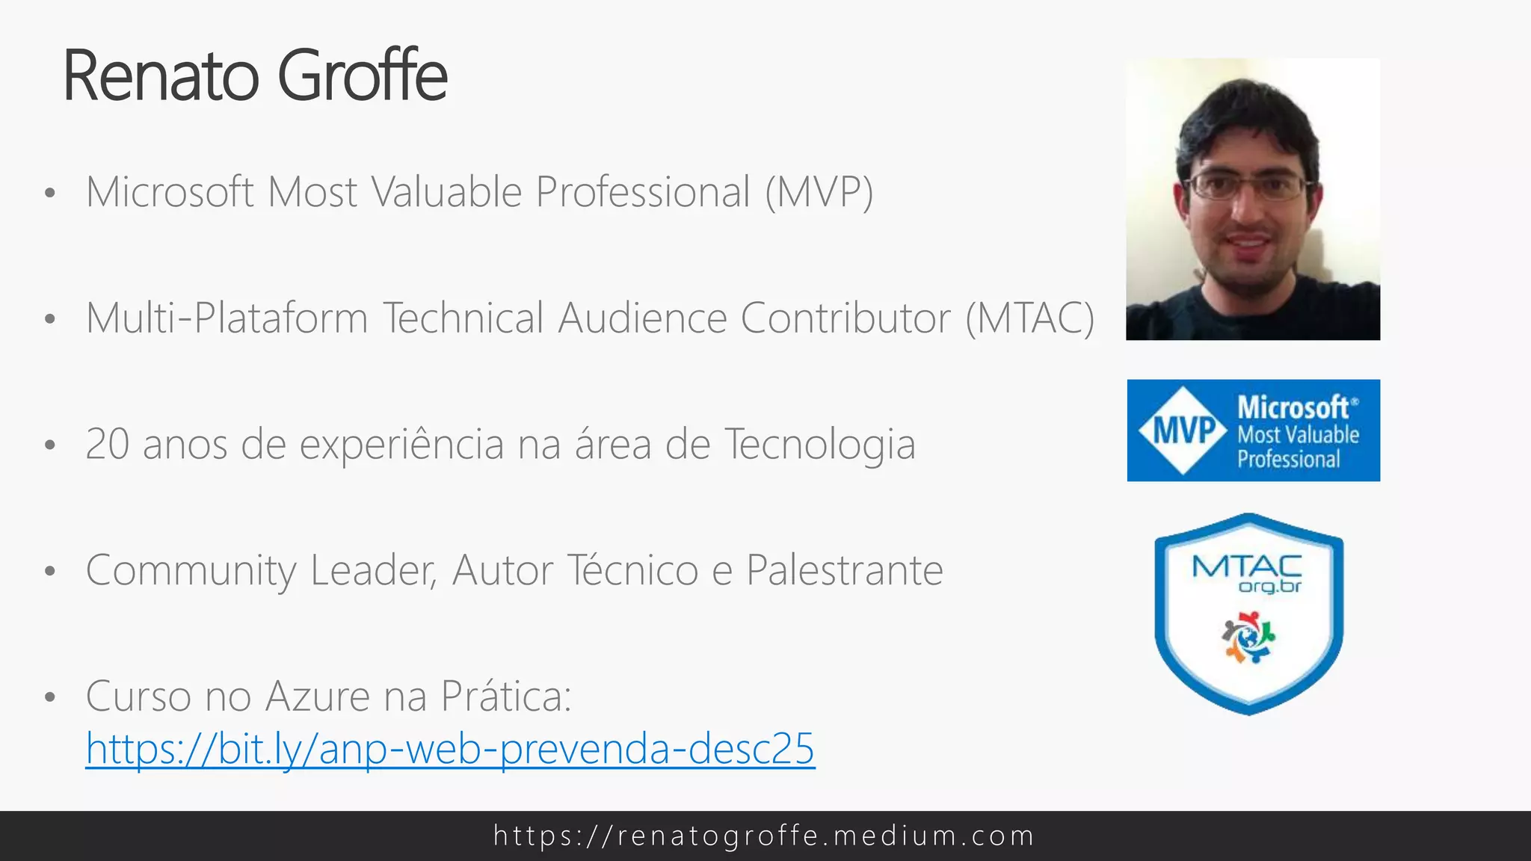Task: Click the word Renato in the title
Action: [x=161, y=76]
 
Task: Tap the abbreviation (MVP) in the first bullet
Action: [x=819, y=193]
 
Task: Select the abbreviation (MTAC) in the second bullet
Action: [x=1030, y=319]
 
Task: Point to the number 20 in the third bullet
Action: [x=108, y=445]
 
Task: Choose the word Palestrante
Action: [x=845, y=571]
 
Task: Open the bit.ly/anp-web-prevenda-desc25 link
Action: [x=450, y=749]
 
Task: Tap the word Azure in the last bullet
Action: [x=318, y=697]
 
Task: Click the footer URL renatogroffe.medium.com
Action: [x=764, y=836]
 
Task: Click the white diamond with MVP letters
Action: [x=1183, y=430]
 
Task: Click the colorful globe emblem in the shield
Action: [x=1248, y=638]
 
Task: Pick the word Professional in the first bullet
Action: [x=643, y=193]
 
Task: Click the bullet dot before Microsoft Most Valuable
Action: [x=50, y=194]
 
